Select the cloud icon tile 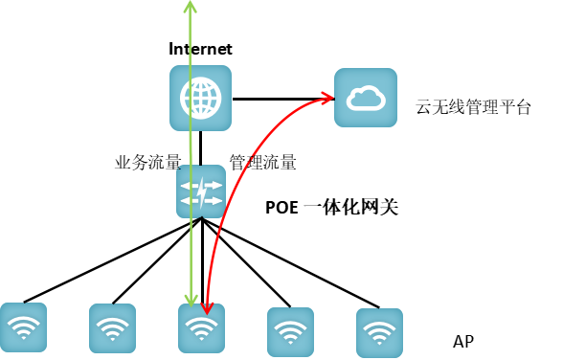coord(365,98)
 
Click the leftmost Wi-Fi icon coord(23,327)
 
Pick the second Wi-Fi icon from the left coord(112,328)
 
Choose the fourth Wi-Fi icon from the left coord(290,331)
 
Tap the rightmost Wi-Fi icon coord(379,332)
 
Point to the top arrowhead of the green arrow coord(190,7)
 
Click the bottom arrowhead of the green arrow coord(191,299)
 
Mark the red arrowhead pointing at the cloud coord(326,97)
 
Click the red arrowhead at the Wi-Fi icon coord(206,307)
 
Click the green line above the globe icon coord(190,38)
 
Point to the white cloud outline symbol coord(365,98)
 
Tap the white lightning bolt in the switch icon coord(203,192)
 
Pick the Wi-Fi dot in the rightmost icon coord(379,341)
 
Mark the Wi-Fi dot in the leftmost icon coord(23,336)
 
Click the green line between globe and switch coord(191,146)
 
